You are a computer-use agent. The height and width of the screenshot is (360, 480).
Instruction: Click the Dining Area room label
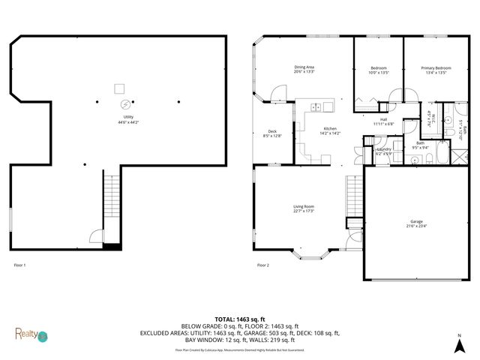click(304, 70)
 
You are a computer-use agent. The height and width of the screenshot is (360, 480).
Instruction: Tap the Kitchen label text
click(330, 130)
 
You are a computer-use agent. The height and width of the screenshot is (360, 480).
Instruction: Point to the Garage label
click(415, 223)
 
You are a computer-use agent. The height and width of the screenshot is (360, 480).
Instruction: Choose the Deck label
click(272, 133)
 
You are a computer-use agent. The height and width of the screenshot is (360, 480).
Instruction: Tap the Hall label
click(383, 121)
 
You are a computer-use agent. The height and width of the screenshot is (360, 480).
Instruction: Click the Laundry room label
click(383, 151)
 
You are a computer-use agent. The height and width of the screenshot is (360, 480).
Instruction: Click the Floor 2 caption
click(262, 265)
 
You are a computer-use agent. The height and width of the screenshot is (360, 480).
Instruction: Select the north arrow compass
click(457, 343)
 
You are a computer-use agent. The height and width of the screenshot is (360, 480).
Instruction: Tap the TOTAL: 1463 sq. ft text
click(239, 319)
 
